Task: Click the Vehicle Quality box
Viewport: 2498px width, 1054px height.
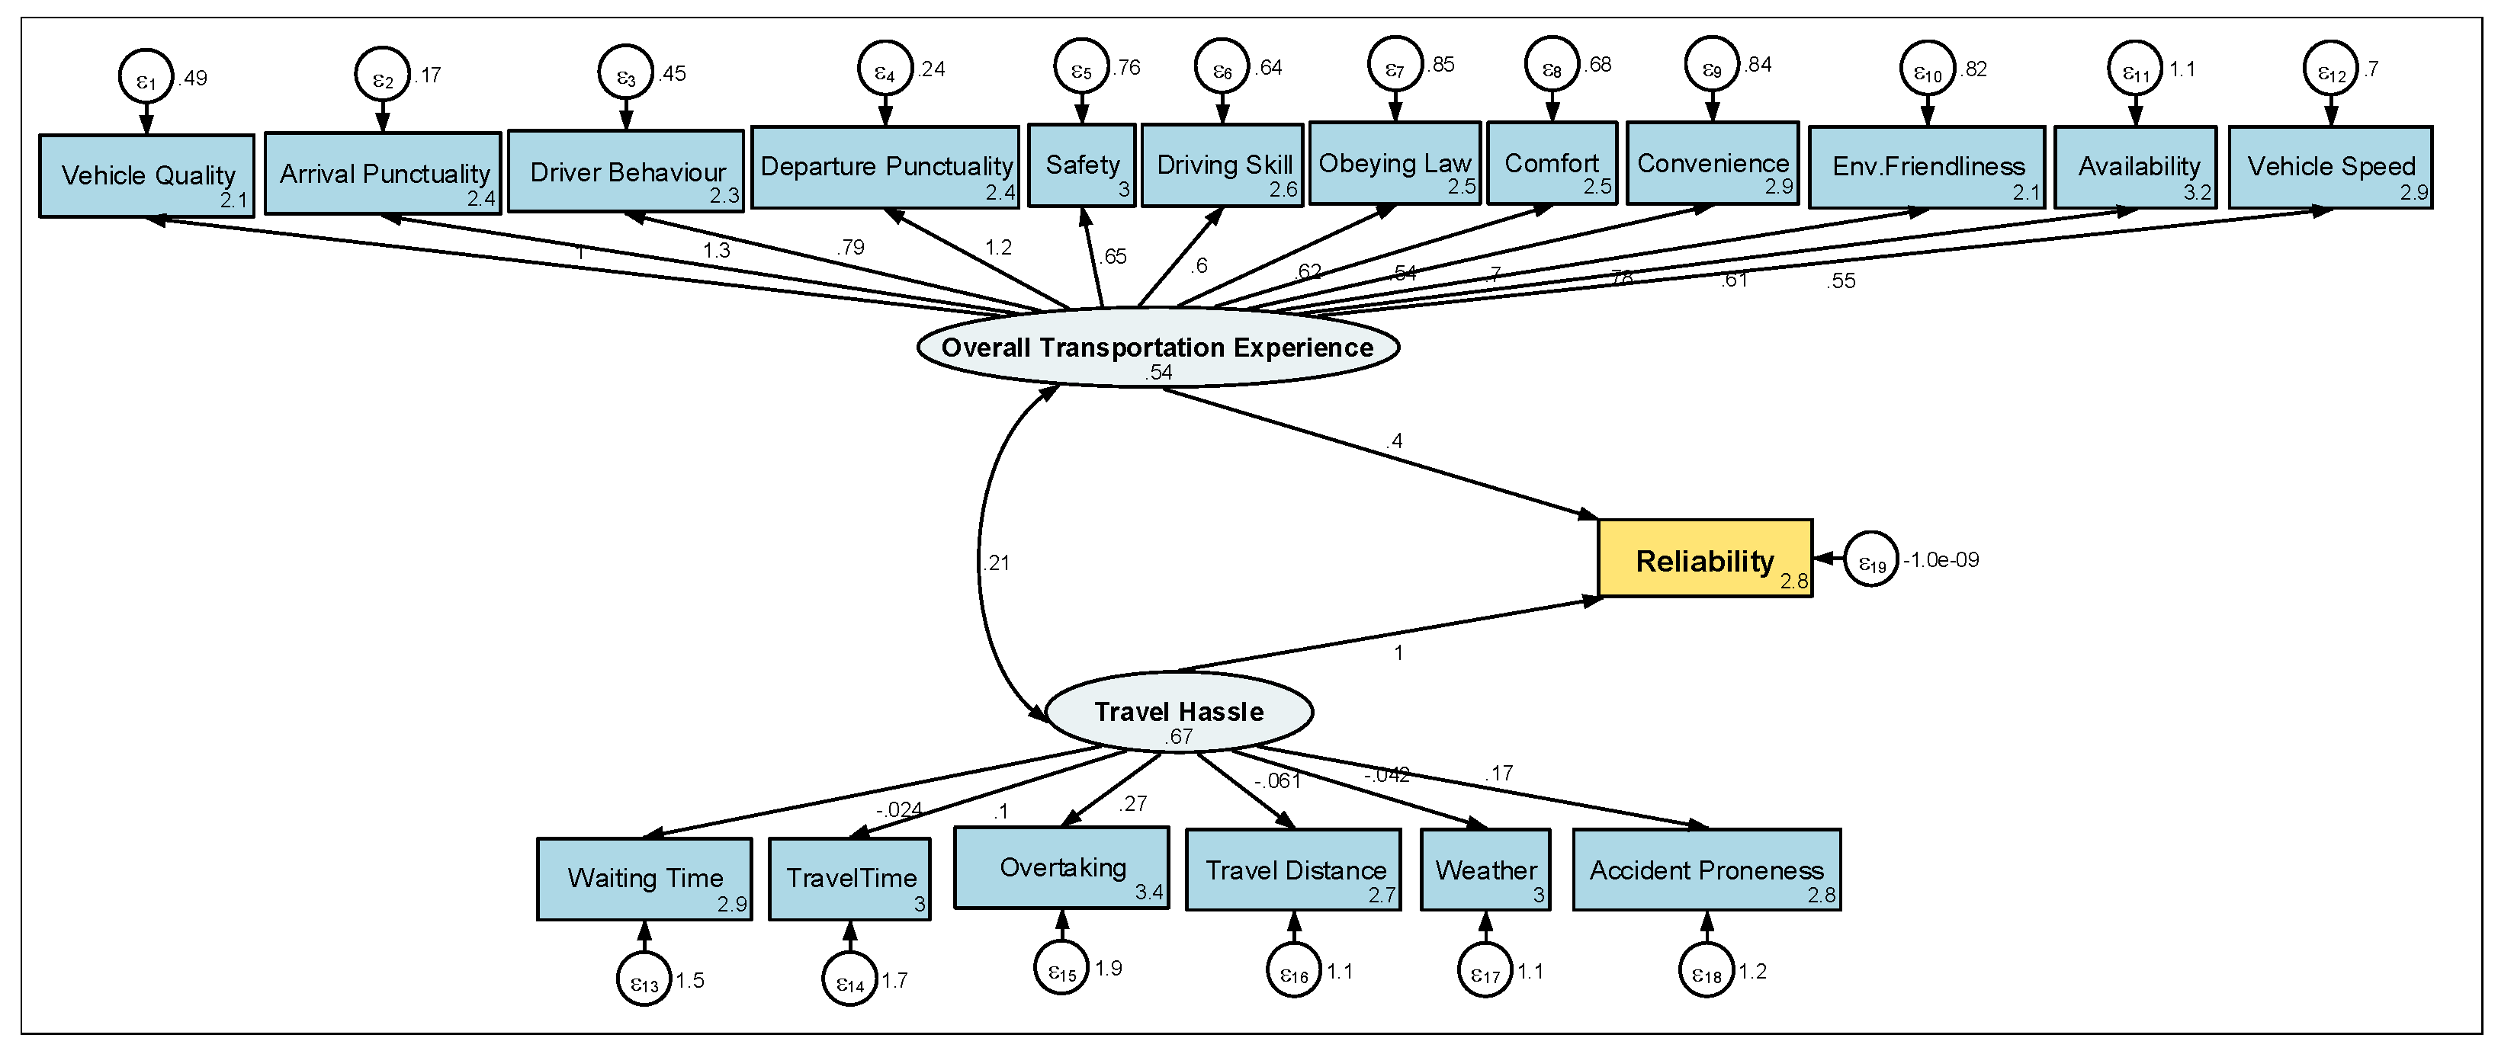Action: tap(146, 175)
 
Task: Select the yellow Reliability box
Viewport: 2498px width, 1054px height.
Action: tap(1705, 559)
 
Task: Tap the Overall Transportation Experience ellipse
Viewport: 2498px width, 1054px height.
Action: tap(1157, 347)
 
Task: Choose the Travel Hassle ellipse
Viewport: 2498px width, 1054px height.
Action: tap(1179, 712)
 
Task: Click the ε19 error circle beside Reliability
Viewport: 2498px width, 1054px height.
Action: tap(1870, 559)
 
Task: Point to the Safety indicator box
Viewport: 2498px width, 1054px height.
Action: tap(1081, 165)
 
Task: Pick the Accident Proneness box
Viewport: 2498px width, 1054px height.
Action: tap(1707, 870)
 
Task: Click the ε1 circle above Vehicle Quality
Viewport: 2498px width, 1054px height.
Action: tap(146, 75)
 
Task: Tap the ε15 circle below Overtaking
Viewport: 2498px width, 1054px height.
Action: tap(1062, 968)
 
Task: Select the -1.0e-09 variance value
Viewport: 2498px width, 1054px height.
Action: tap(1941, 559)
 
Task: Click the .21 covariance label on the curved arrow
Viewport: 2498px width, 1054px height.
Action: tap(996, 562)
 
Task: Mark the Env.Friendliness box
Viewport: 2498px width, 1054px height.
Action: tap(1927, 167)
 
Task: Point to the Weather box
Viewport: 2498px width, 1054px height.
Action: tap(1485, 870)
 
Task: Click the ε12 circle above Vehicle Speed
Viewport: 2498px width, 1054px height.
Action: tap(2331, 68)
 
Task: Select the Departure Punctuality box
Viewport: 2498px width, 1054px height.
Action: tap(885, 167)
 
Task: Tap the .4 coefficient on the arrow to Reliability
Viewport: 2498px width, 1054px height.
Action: tap(1395, 441)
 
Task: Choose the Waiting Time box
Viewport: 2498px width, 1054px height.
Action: tap(645, 879)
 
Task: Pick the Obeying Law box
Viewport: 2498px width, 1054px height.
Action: tap(1395, 163)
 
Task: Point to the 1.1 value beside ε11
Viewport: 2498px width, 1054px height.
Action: tap(2182, 69)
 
